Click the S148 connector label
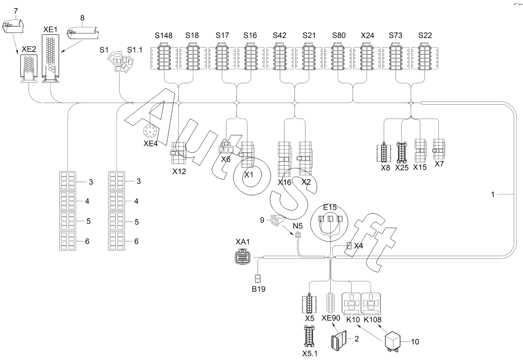point(163,35)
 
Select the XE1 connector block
point(50,58)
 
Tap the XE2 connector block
point(29,69)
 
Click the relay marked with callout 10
point(393,341)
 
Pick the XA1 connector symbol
point(242,256)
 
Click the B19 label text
point(258,289)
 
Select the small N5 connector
point(298,235)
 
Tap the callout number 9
point(262,220)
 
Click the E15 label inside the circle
point(330,207)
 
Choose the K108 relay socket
point(371,304)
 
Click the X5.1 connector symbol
point(309,336)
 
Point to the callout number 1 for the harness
point(493,194)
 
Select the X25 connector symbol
point(401,152)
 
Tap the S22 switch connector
point(425,56)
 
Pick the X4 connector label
point(358,246)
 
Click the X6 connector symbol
point(226,148)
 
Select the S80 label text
point(339,35)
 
